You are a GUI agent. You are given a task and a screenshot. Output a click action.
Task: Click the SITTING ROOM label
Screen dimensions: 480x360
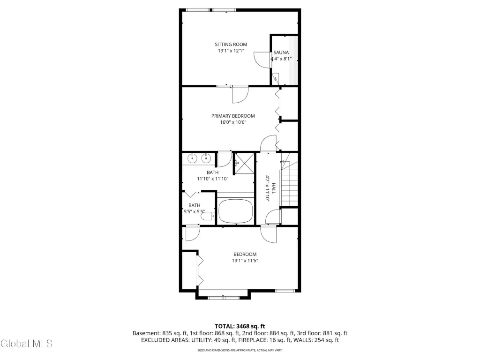231,45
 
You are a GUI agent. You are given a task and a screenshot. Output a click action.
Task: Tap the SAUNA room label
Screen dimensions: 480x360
281,52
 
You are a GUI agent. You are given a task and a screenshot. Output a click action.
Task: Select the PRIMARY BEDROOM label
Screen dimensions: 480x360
233,116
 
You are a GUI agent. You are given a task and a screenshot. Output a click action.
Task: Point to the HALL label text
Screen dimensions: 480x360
274,188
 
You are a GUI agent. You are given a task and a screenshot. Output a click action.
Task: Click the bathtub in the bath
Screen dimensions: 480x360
235,211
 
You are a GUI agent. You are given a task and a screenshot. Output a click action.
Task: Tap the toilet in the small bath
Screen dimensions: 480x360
208,217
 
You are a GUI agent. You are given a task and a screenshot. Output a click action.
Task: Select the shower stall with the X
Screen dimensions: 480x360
244,164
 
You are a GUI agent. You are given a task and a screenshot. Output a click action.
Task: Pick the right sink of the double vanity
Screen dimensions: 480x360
206,158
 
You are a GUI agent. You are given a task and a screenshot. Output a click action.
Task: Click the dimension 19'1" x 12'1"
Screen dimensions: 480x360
231,51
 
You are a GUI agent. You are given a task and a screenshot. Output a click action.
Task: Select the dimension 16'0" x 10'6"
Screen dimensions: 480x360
233,122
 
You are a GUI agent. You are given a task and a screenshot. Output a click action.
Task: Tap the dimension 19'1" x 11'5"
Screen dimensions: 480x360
245,261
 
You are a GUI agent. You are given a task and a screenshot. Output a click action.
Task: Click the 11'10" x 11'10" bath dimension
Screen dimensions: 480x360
212,179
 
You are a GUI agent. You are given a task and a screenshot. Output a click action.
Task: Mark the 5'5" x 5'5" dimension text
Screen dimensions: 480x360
195,211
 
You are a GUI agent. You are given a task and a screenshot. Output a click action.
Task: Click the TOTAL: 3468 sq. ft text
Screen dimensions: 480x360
240,326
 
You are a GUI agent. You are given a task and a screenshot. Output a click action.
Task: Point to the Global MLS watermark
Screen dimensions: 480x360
27,344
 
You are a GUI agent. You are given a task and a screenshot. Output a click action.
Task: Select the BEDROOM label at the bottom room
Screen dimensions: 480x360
245,255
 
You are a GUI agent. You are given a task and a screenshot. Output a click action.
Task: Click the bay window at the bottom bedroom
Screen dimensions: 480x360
223,298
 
